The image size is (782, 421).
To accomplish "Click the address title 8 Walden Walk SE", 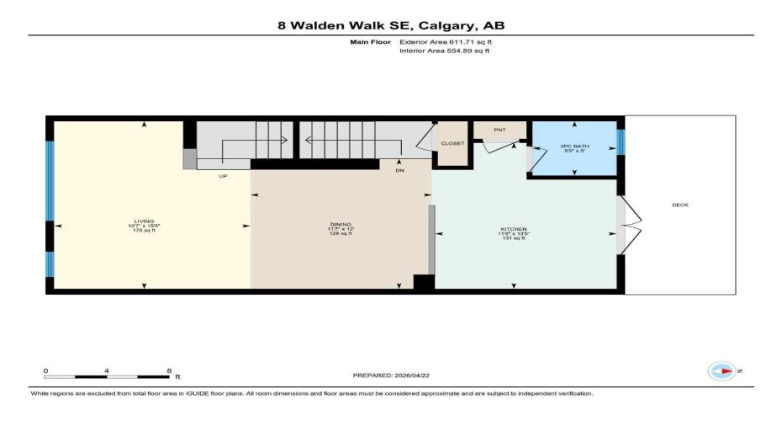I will (x=391, y=25).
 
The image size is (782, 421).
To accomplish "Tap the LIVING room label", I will (x=144, y=221).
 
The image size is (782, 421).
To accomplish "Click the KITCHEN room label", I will (x=513, y=229).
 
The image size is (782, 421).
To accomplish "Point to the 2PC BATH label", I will (x=574, y=147).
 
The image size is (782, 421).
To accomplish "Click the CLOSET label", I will (x=452, y=143).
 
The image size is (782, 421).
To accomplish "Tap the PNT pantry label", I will (x=499, y=131).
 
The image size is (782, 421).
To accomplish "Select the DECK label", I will (x=680, y=205).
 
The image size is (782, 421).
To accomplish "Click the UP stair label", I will (x=223, y=176).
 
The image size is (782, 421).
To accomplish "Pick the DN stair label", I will (x=400, y=169).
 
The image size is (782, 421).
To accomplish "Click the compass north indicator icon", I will (x=722, y=370).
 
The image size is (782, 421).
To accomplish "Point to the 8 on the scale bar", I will (x=169, y=370).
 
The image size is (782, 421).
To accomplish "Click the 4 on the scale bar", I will (x=108, y=370).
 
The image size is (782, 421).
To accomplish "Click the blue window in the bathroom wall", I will (x=621, y=141).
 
